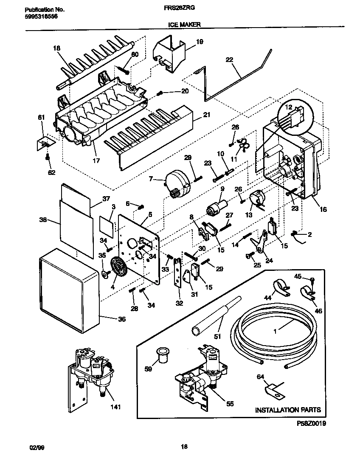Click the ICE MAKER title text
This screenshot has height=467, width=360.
(x=182, y=25)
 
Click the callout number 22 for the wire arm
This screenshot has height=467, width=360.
(x=230, y=60)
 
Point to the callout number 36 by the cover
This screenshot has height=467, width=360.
(x=121, y=319)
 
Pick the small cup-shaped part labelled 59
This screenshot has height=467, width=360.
(x=162, y=354)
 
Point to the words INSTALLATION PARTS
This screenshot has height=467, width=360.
(x=287, y=410)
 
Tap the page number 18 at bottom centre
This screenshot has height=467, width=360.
(x=184, y=446)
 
